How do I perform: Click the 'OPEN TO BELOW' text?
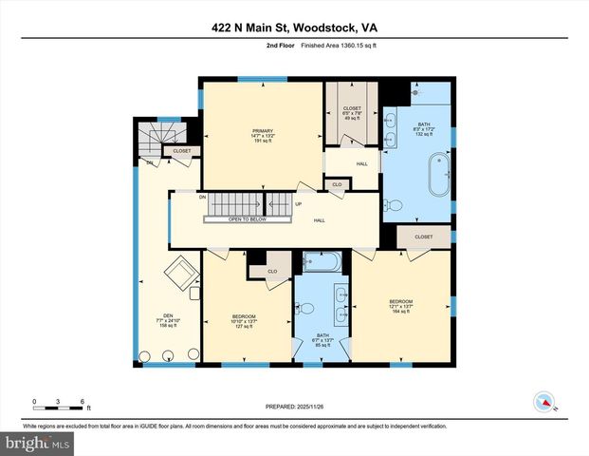pyautogui.click(x=234, y=219)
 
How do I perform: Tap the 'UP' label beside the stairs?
pyautogui.click(x=299, y=203)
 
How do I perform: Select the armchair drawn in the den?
pyautogui.click(x=180, y=275)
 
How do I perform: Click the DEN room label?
pyautogui.click(x=168, y=320)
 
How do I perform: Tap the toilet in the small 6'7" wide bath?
pyautogui.click(x=304, y=307)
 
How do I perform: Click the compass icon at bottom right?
pyautogui.click(x=543, y=401)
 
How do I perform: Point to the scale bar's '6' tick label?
pyautogui.click(x=83, y=401)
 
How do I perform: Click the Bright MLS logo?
pyautogui.click(x=36, y=443)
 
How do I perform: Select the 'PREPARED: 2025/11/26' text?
pyautogui.click(x=294, y=407)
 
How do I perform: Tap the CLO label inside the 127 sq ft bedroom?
pyautogui.click(x=271, y=271)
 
